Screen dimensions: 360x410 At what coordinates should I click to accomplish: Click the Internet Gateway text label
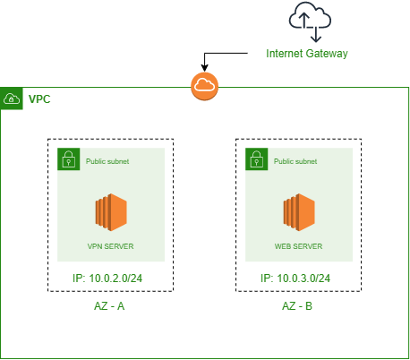(x=306, y=54)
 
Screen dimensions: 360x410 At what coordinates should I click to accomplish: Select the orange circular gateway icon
(x=205, y=86)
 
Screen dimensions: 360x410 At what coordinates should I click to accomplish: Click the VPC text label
(x=39, y=98)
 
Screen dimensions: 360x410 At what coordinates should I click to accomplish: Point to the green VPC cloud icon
(x=12, y=98)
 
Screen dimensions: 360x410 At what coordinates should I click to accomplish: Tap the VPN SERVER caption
(x=111, y=245)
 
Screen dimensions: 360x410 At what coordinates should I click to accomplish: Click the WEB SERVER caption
(x=299, y=245)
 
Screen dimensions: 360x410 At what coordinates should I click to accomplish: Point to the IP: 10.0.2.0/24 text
(x=111, y=279)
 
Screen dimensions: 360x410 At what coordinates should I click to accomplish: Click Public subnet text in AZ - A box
(x=108, y=162)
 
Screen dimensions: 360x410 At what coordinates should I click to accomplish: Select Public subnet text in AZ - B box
(x=296, y=162)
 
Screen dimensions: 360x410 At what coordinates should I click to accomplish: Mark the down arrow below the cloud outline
(x=315, y=33)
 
